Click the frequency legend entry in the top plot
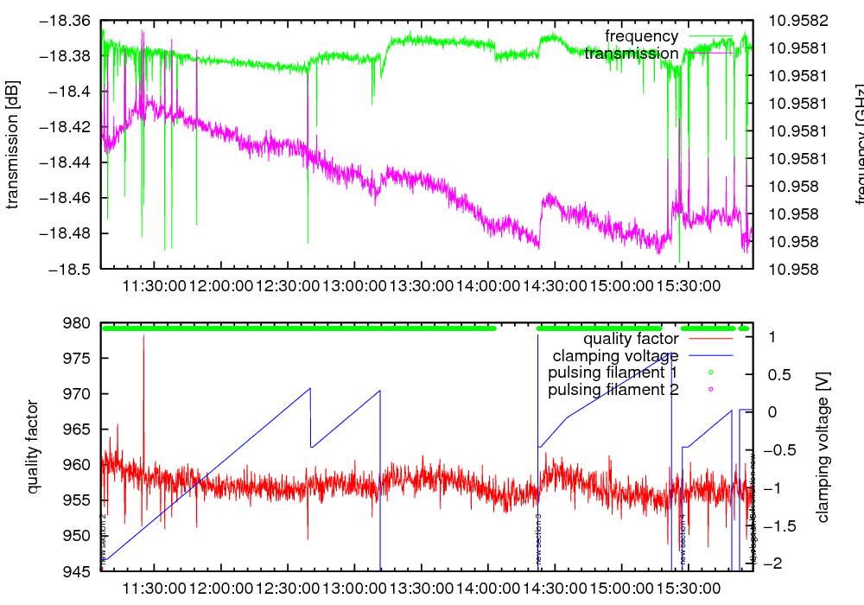[641, 36]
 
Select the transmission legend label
[631, 54]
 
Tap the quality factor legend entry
[630, 339]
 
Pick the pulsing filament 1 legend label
[613, 373]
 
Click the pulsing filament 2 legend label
[613, 390]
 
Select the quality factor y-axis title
[33, 446]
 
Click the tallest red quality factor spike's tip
[143, 335]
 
